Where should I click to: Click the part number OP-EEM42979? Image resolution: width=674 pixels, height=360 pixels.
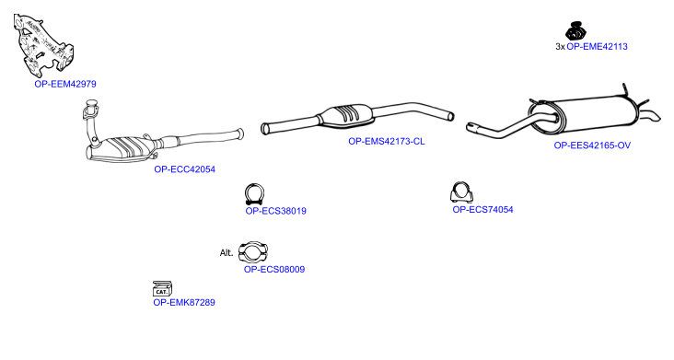pyautogui.click(x=65, y=84)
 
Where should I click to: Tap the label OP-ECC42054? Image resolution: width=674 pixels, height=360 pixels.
pyautogui.click(x=184, y=169)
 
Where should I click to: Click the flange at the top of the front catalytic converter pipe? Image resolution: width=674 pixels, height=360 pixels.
pyautogui.click(x=90, y=110)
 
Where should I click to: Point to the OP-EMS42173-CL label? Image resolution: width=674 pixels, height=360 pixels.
pyautogui.click(x=387, y=142)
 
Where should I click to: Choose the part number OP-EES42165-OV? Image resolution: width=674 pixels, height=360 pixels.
pyautogui.click(x=592, y=145)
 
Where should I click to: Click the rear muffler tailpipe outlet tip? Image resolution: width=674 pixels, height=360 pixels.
pyautogui.click(x=655, y=116)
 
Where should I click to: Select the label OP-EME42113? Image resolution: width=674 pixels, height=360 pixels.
pyautogui.click(x=597, y=46)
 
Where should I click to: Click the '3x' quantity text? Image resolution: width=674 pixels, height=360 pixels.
pyautogui.click(x=560, y=46)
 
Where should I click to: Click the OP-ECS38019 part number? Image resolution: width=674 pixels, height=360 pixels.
pyautogui.click(x=275, y=211)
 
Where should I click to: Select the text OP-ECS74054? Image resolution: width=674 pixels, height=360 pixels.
pyautogui.click(x=482, y=210)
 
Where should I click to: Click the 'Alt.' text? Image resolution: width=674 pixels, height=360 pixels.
pyautogui.click(x=227, y=252)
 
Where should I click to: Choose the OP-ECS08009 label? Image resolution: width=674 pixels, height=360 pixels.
pyautogui.click(x=274, y=270)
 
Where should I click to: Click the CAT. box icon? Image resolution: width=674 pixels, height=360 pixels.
pyautogui.click(x=162, y=289)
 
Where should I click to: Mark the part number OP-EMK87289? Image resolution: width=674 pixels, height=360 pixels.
pyautogui.click(x=184, y=302)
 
